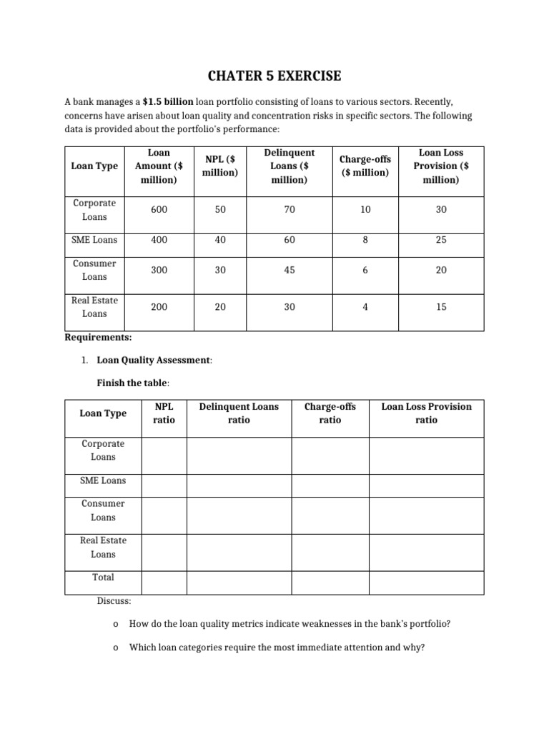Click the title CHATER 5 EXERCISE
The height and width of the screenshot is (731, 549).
coord(274,76)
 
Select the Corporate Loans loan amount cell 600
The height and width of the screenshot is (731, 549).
coord(159,210)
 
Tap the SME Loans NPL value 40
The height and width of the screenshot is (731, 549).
coord(220,240)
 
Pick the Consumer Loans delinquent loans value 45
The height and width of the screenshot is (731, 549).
coord(289,270)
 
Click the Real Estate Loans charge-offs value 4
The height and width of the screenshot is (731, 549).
coord(365,306)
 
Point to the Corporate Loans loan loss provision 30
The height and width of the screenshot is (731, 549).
coord(441,210)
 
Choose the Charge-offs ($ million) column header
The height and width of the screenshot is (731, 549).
coord(365,166)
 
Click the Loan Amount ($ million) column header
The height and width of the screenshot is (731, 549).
coord(159,166)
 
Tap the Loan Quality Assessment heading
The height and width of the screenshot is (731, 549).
coord(154,360)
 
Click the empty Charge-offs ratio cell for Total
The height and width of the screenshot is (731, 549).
coord(330,583)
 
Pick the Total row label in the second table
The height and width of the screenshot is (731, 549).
coord(103,577)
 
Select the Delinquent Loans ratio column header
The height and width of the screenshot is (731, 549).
coord(239,413)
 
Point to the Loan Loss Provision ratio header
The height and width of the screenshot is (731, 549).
coord(426,413)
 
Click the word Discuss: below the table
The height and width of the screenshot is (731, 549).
coord(114,601)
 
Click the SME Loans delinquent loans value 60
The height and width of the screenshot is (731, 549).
coord(289,240)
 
